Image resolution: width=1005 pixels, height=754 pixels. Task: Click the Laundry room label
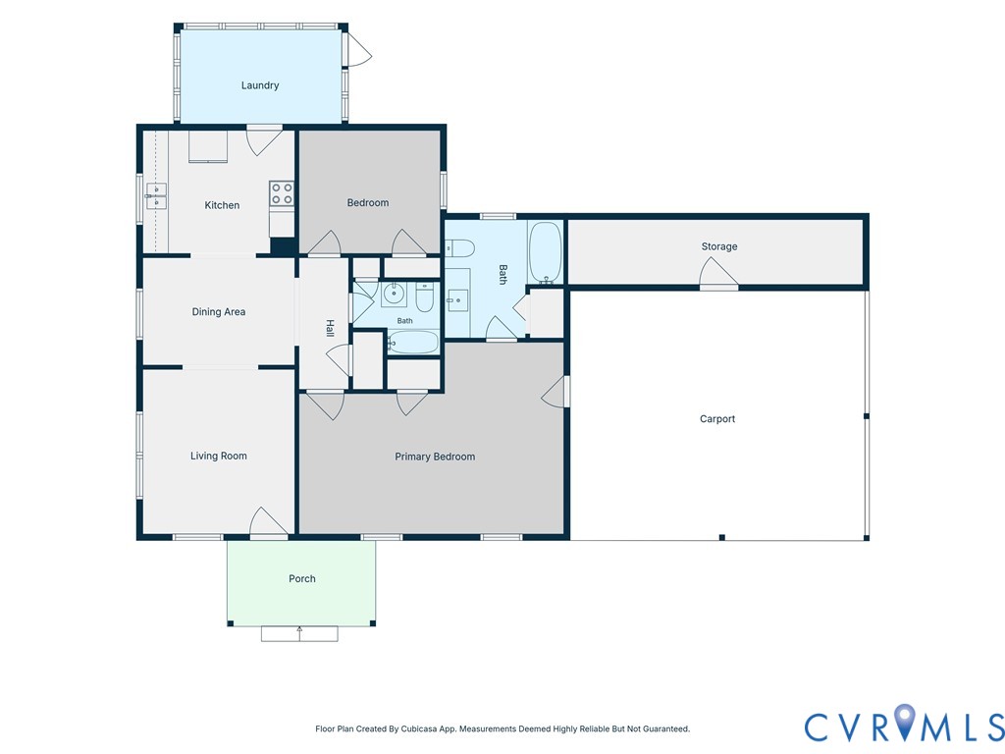[x=259, y=85]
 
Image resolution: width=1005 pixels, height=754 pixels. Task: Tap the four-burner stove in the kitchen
[x=282, y=193]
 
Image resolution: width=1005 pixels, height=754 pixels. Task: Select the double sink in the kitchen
[x=156, y=195]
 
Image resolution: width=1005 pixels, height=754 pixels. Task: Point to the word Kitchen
[x=222, y=205]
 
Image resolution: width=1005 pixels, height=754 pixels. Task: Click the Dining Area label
[x=219, y=311]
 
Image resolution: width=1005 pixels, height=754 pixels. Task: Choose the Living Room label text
[x=219, y=456]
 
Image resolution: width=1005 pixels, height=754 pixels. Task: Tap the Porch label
[x=302, y=578]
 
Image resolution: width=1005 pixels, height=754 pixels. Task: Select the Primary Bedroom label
[x=435, y=457]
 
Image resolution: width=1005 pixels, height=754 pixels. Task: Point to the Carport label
[x=717, y=418]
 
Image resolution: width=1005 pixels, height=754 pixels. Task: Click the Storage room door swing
[x=717, y=273]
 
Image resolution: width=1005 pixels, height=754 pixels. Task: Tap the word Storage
[x=719, y=246]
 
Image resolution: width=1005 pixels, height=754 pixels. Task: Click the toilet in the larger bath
[x=459, y=247]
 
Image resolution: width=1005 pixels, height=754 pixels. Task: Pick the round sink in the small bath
[x=393, y=295]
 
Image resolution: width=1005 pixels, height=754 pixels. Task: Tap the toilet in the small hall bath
[x=425, y=296]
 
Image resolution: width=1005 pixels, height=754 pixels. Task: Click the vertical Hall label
[x=330, y=328]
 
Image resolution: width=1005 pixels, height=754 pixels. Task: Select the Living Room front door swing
[x=267, y=522]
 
